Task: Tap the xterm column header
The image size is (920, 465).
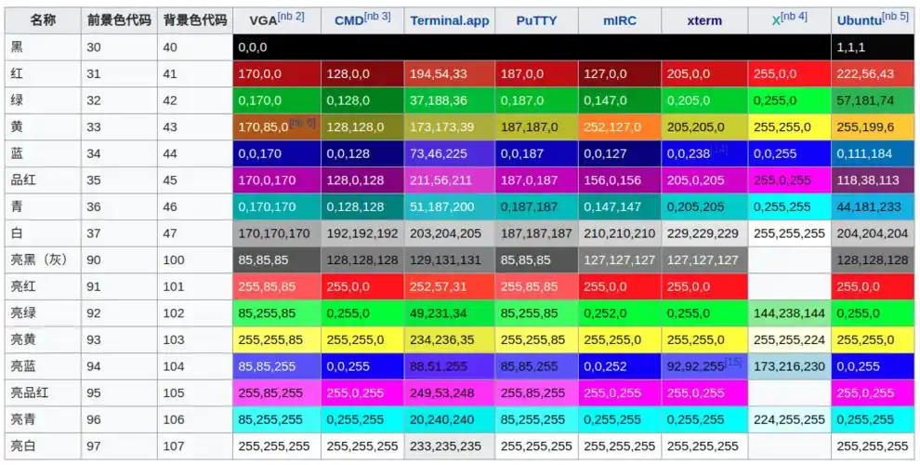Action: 704,20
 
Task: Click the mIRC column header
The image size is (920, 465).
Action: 620,20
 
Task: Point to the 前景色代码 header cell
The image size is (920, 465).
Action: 118,20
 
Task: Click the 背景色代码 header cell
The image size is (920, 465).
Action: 193,20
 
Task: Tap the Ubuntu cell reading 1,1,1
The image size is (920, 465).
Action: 851,46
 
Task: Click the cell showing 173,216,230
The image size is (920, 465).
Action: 789,366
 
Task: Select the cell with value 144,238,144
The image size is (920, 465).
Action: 789,313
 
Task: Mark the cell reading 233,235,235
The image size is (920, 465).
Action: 446,446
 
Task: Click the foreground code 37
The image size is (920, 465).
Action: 94,233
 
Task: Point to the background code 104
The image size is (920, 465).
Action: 174,366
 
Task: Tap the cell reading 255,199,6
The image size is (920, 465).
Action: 865,126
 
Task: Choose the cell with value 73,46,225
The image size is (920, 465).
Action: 439,153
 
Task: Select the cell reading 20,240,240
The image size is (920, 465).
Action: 442,419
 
